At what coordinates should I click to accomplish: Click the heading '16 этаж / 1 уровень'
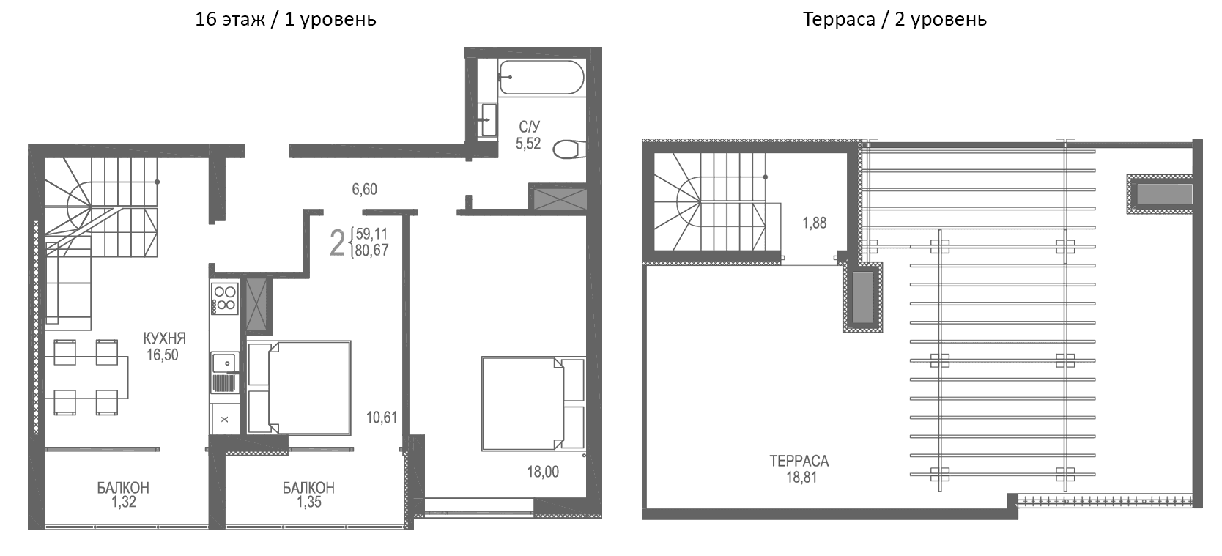tap(285, 19)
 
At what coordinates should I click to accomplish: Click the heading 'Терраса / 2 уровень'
tap(894, 19)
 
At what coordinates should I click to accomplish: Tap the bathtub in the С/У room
tap(541, 77)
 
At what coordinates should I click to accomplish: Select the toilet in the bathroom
tap(569, 149)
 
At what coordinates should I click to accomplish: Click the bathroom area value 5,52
tap(528, 144)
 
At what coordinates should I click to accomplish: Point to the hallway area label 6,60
tap(364, 190)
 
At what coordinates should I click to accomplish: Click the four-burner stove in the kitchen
tap(224, 297)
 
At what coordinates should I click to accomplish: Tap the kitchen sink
tap(223, 362)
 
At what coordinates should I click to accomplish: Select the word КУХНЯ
tap(164, 338)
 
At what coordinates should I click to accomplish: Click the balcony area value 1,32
tap(123, 503)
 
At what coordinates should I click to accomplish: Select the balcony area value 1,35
tap(308, 503)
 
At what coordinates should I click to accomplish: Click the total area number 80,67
tap(371, 251)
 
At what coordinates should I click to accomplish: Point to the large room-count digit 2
tap(336, 243)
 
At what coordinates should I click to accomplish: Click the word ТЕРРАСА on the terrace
tap(799, 461)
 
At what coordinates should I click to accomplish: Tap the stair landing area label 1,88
tap(814, 223)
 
